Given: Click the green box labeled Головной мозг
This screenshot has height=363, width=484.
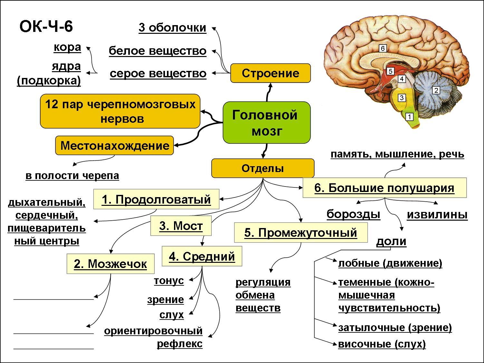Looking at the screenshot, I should pyautogui.click(x=266, y=122).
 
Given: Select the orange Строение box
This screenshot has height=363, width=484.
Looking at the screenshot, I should pyautogui.click(x=270, y=73).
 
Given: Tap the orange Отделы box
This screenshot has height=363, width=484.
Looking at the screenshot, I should pyautogui.click(x=263, y=168).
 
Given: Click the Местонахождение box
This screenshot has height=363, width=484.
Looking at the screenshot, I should pyautogui.click(x=114, y=146).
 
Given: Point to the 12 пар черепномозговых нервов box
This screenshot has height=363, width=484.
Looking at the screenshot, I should pyautogui.click(x=120, y=111).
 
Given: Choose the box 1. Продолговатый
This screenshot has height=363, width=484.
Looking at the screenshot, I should pyautogui.click(x=156, y=199).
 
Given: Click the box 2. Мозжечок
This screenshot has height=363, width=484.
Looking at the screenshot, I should pyautogui.click(x=110, y=264).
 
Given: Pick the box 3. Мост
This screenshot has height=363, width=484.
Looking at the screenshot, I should pyautogui.click(x=181, y=226).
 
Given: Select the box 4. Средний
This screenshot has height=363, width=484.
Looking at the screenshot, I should pyautogui.click(x=202, y=256).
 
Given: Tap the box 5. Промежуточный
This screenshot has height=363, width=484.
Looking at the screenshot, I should pyautogui.click(x=300, y=232).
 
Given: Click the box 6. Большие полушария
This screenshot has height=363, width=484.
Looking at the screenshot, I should pyautogui.click(x=384, y=188).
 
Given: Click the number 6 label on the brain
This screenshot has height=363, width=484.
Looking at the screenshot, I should pyautogui.click(x=382, y=48).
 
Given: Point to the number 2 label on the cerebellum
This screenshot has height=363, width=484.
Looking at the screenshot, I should pyautogui.click(x=436, y=90).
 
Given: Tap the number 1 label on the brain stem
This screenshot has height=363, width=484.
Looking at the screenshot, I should pyautogui.click(x=409, y=117).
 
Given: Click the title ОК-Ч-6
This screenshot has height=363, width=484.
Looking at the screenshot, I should pyautogui.click(x=46, y=26).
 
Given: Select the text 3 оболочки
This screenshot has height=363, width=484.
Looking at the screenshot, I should pyautogui.click(x=172, y=28).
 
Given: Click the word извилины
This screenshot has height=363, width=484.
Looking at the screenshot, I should pyautogui.click(x=437, y=215).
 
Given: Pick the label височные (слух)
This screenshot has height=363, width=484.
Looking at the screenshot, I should pyautogui.click(x=382, y=344).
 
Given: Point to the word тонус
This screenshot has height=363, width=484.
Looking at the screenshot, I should pyautogui.click(x=169, y=281).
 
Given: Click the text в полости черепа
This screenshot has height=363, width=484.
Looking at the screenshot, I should pyautogui.click(x=72, y=176).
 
